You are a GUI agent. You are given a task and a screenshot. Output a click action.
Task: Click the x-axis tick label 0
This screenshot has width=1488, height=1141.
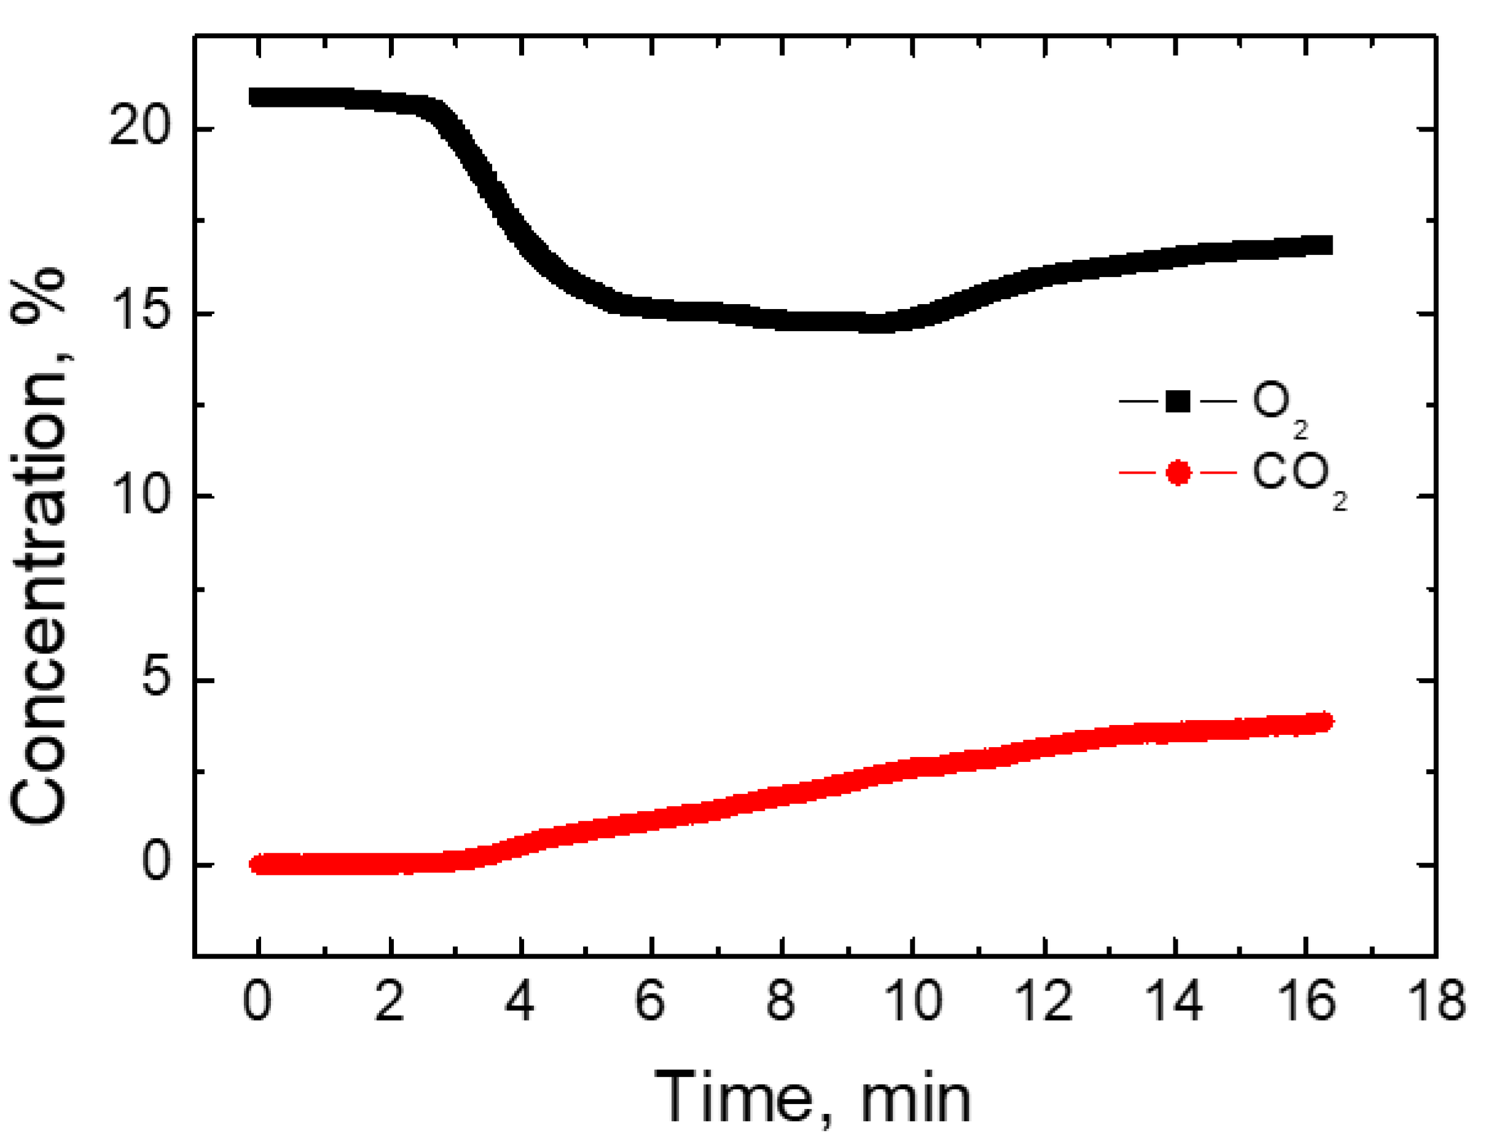click(x=257, y=1001)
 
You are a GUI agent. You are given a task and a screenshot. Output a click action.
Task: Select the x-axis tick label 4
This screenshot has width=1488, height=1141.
click(x=520, y=1001)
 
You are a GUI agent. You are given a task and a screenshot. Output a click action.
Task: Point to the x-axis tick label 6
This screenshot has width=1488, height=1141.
click(x=651, y=1001)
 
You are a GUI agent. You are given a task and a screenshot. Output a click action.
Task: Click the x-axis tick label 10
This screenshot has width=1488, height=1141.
click(x=914, y=1001)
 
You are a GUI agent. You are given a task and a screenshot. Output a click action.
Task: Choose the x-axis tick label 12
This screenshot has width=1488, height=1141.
click(x=1044, y=1001)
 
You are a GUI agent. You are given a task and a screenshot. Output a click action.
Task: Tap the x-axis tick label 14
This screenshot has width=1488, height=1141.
click(x=1175, y=1001)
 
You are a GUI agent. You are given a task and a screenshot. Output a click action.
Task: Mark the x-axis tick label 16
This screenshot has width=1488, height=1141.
click(x=1306, y=1001)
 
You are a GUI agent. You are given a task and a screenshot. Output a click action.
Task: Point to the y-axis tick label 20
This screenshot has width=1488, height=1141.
click(x=139, y=127)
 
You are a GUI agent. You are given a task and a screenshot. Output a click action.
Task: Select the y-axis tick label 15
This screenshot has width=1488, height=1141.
click(x=139, y=311)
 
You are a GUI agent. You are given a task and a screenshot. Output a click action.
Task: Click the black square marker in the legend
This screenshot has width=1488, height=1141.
click(x=1178, y=401)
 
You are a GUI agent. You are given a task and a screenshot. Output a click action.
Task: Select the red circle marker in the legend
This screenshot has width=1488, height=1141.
click(x=1178, y=472)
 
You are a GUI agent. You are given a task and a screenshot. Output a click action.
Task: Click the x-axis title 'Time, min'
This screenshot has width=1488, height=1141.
click(x=812, y=1097)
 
